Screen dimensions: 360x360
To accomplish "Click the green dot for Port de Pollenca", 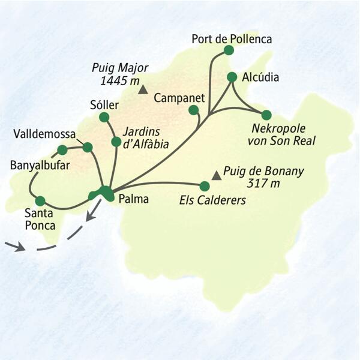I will [x=228, y=50].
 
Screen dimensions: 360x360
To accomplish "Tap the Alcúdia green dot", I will [x=232, y=77].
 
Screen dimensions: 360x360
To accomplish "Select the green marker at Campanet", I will [x=193, y=110].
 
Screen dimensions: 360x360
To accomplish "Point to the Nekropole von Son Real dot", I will [x=266, y=115].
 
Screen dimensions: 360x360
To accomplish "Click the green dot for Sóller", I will [x=104, y=117].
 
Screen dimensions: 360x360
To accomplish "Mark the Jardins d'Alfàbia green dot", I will [x=116, y=142].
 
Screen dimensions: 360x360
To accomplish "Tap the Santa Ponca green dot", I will [x=40, y=201].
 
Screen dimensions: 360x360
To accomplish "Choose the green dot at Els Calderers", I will [x=204, y=186].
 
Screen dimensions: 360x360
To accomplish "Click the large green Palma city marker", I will [x=103, y=193].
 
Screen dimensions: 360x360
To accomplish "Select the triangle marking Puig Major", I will [x=142, y=91].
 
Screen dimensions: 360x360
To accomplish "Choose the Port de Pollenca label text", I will [x=232, y=39].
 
